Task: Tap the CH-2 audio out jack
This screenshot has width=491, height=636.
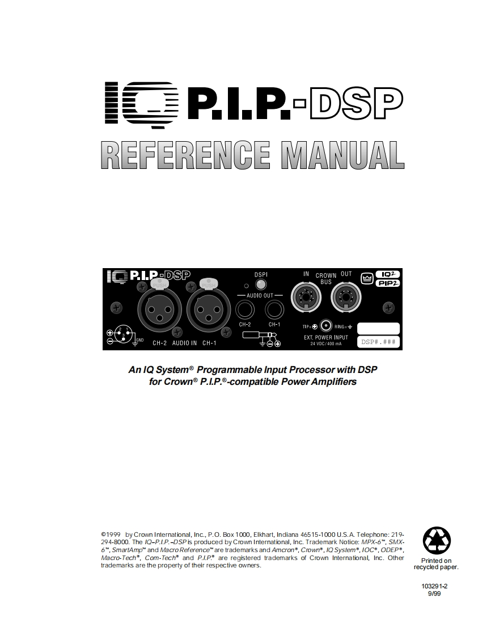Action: [x=246, y=310]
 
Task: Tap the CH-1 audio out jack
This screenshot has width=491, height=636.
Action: [x=274, y=310]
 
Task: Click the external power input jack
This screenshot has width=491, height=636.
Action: [x=325, y=325]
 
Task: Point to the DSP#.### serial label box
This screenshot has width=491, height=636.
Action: [x=378, y=342]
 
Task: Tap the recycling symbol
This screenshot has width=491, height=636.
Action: [x=437, y=540]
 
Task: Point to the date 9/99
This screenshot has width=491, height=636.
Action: [x=434, y=593]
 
